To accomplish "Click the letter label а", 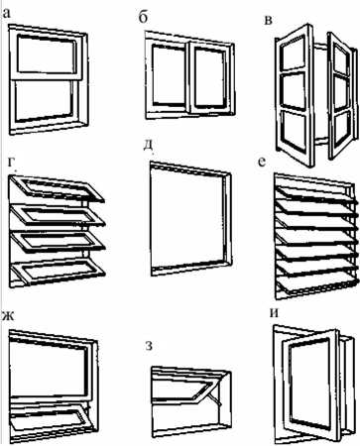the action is click(x=6, y=14).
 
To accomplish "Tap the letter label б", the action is click(x=143, y=18).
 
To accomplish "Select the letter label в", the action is click(x=269, y=21).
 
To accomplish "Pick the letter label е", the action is click(x=262, y=163).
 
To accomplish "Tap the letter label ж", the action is click(x=7, y=316).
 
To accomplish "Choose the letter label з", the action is click(x=149, y=347).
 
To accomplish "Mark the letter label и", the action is click(x=274, y=313).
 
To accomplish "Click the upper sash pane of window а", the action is click(x=46, y=55).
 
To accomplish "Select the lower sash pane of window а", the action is click(x=45, y=100).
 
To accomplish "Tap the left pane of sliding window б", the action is click(x=169, y=75).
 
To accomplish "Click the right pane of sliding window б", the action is click(x=209, y=77).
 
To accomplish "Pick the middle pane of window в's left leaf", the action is click(x=293, y=91).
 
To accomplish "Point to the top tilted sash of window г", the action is click(x=59, y=189).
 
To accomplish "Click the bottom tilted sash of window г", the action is click(x=59, y=272).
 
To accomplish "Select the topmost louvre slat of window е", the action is click(x=315, y=192).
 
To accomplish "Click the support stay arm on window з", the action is click(x=213, y=397).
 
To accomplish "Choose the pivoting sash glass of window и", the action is click(x=309, y=383).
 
